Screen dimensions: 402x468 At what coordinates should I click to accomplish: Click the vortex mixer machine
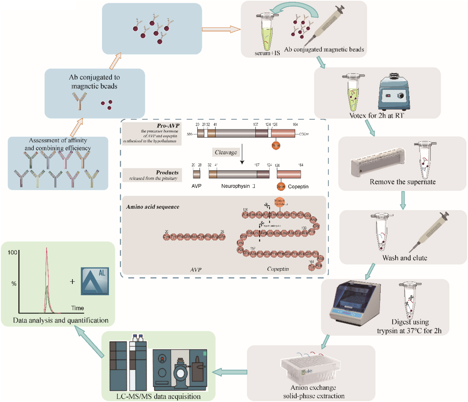[394, 92]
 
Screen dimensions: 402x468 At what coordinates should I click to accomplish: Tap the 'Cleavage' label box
[226, 152]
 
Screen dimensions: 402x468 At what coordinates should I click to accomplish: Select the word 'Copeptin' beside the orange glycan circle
[298, 186]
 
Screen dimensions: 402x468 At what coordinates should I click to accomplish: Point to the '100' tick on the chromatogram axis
[12, 252]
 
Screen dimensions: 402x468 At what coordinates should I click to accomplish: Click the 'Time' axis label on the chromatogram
[77, 308]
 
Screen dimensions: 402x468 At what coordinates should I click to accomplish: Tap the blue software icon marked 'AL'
[95, 281]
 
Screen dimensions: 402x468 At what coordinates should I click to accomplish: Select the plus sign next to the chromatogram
[72, 281]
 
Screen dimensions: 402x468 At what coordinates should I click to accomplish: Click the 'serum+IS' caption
[267, 53]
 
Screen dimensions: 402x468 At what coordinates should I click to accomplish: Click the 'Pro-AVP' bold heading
[168, 126]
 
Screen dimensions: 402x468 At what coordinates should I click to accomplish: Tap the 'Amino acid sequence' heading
[153, 207]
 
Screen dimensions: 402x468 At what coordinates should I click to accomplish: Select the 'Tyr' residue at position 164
[311, 267]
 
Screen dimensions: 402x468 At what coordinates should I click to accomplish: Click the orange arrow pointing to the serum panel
[221, 29]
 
